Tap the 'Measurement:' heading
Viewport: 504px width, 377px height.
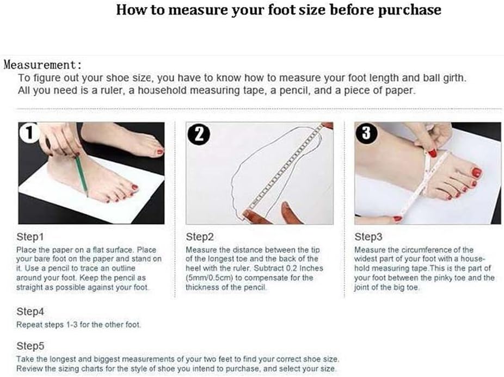[x=43, y=65]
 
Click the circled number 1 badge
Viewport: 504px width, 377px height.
[x=29, y=132]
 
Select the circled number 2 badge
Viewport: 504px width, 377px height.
[x=199, y=133]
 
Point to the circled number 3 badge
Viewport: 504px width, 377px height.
[x=366, y=132]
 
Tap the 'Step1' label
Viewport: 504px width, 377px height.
[x=30, y=237]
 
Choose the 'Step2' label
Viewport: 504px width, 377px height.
[x=200, y=237]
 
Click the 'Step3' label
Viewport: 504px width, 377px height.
[x=368, y=237]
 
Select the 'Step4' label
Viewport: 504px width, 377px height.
[x=30, y=311]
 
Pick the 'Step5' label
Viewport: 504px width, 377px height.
[x=30, y=346]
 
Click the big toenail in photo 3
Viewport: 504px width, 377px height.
[x=476, y=173]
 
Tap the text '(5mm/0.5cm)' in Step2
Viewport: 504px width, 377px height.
[x=209, y=277]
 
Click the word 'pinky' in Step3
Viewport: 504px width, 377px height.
[x=444, y=277]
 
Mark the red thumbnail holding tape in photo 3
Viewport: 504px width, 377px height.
[x=432, y=153]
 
